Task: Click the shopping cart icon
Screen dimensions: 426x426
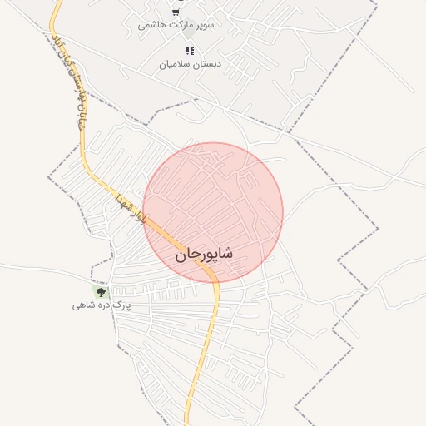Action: pos(176,12)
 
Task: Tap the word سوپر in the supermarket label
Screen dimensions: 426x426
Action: pos(204,26)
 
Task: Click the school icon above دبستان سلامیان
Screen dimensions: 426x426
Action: pos(191,51)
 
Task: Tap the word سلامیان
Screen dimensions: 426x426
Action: pos(176,64)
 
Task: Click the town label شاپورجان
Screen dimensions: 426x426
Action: pos(204,254)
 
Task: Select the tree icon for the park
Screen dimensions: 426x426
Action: pos(102,292)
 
